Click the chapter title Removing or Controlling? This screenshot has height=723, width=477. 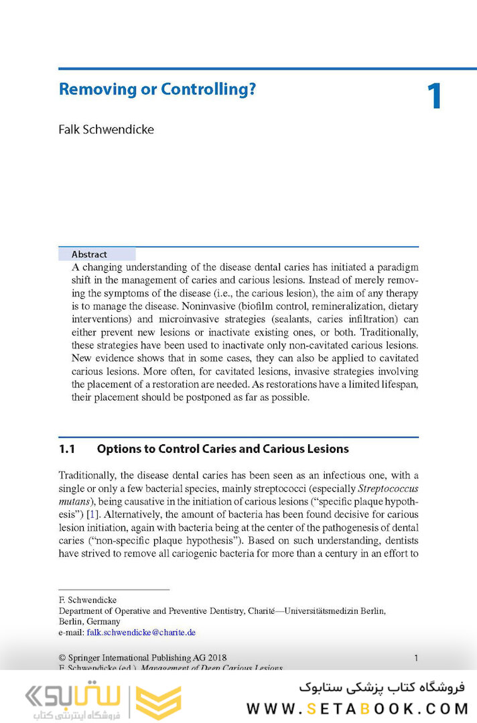157,89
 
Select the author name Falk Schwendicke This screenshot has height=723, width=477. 106,129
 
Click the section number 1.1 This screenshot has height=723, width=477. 69,449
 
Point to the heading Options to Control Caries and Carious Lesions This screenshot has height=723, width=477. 222,449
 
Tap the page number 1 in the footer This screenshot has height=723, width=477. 416,658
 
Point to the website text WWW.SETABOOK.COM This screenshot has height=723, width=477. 356,708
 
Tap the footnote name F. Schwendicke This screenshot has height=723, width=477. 88,600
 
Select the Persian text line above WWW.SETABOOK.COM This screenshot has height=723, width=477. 382,687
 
